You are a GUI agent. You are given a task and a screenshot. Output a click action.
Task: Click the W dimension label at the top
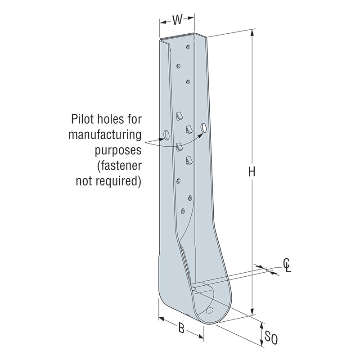point(177,20)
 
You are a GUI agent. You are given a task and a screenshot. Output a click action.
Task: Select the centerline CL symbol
point(287,266)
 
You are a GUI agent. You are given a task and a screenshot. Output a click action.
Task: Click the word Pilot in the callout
point(83,120)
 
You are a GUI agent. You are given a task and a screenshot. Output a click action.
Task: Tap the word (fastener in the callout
point(120,166)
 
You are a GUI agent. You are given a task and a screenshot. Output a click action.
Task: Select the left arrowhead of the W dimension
point(162,20)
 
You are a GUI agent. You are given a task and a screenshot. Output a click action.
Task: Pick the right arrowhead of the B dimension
point(202,336)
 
